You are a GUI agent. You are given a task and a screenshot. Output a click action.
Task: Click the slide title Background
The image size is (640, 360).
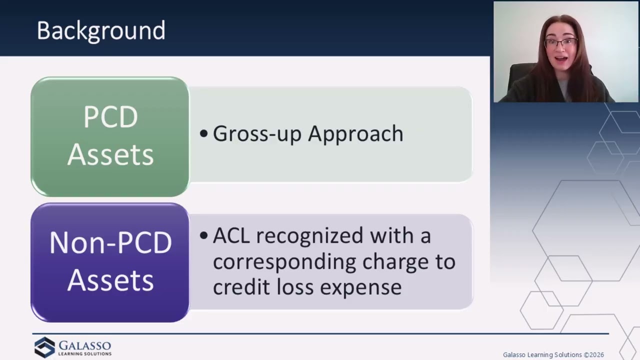[x=101, y=31]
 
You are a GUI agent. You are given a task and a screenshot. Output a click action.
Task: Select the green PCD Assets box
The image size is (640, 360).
[x=110, y=136]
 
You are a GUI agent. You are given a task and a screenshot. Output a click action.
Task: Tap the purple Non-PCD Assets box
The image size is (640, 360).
[x=110, y=262]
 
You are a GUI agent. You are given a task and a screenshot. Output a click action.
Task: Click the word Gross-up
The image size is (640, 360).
[x=257, y=133]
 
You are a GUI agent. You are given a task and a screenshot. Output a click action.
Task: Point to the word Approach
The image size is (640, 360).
[x=355, y=133]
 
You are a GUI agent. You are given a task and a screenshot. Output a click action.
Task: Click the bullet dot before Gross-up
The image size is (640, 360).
[x=203, y=133]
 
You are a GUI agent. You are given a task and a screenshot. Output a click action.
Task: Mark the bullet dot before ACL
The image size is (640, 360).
[x=203, y=235]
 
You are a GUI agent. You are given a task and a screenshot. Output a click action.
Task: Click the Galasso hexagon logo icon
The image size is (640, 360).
[x=44, y=347]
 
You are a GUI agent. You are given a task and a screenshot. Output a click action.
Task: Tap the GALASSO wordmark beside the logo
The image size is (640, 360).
[x=85, y=345]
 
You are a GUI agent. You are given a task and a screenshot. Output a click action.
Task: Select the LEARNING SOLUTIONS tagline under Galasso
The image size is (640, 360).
[x=85, y=354]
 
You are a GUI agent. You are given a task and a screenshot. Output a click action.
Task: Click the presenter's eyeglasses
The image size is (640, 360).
[x=560, y=43]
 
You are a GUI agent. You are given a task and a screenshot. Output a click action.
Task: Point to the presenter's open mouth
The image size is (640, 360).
[x=561, y=59]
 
